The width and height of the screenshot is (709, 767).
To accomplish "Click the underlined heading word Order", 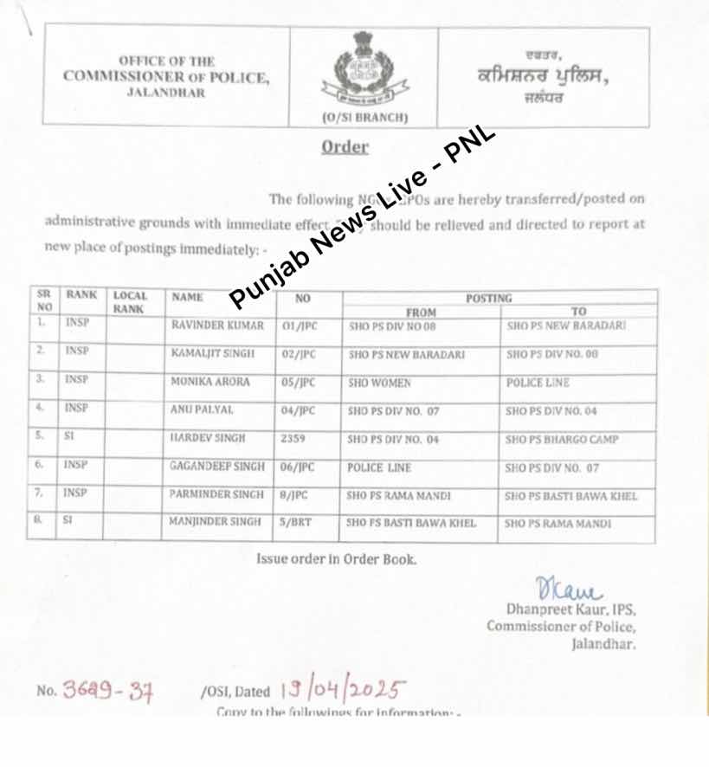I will click(345, 147).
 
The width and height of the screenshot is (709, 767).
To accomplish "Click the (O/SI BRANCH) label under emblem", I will click(364, 117).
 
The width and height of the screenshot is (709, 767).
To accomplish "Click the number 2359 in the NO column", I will click(293, 439).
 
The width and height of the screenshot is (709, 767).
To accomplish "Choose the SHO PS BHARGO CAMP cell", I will click(562, 439).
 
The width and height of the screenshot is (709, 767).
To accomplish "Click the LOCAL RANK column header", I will click(131, 302).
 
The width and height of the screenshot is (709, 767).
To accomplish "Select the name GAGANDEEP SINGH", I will click(217, 467).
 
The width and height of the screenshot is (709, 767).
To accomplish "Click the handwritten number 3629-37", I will click(106, 691).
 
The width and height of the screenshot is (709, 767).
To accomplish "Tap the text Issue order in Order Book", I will click(336, 559).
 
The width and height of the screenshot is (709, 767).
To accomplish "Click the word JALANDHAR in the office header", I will click(166, 93).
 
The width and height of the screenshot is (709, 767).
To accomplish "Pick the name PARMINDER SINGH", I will click(216, 495).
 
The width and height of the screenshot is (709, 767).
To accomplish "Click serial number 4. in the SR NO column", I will click(41, 408).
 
